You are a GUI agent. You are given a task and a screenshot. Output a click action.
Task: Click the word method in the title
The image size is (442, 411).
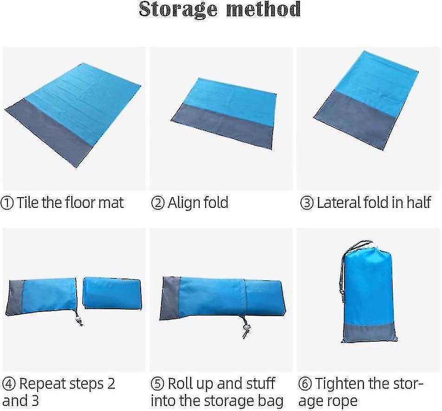click(264, 9)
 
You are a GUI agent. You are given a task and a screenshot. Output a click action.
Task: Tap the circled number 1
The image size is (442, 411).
click(7, 203)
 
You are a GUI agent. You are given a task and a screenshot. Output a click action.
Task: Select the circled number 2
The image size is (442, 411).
click(157, 203)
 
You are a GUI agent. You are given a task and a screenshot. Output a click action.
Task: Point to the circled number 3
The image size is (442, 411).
click(307, 203)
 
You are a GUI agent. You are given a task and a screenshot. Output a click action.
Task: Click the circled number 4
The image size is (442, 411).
click(9, 384)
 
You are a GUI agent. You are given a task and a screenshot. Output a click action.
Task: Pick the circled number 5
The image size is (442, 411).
click(157, 384)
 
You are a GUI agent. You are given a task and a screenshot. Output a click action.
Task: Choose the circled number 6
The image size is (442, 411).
click(305, 384)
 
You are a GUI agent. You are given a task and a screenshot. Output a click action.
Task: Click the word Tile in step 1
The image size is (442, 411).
click(28, 202)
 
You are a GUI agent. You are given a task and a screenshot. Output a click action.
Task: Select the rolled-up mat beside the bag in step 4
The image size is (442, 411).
click(112, 293)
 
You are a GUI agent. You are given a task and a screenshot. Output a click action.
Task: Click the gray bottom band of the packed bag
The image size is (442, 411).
click(369, 333)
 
